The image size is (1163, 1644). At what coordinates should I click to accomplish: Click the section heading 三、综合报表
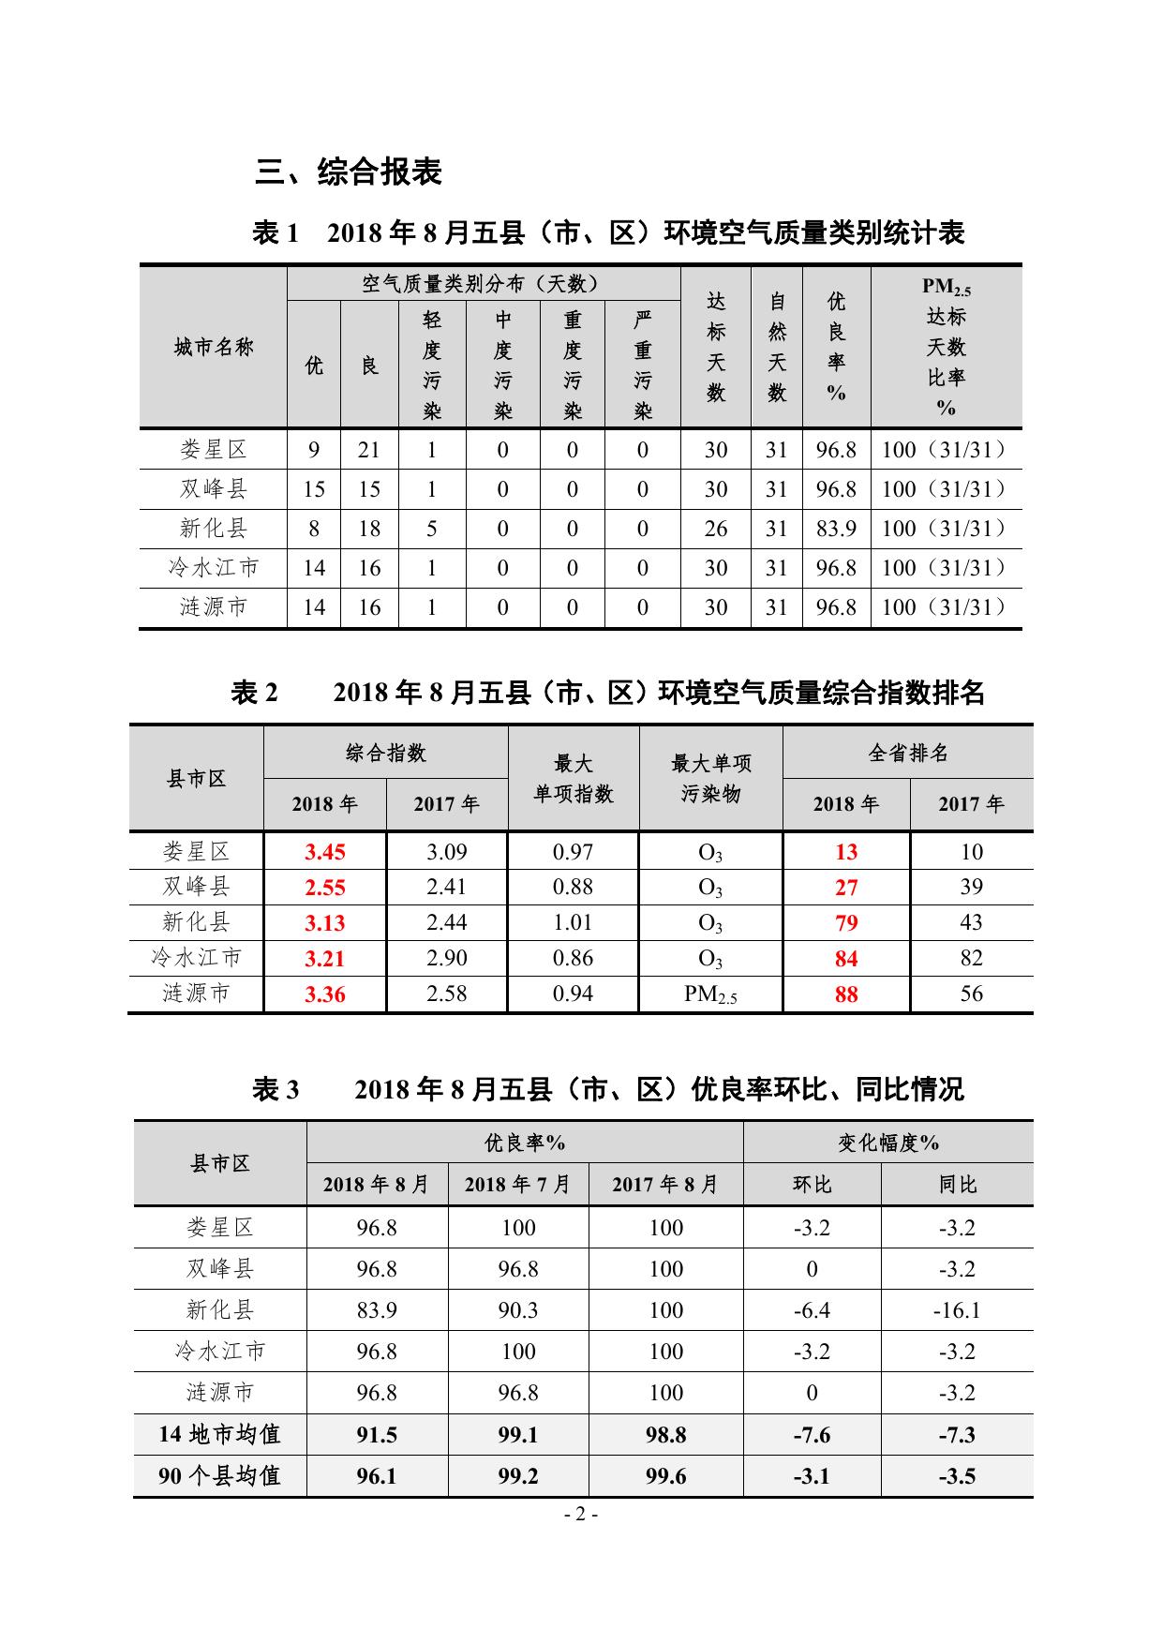point(349,172)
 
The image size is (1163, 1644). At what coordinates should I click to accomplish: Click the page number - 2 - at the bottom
point(581,1515)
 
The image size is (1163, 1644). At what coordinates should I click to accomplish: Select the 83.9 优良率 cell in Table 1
point(836,529)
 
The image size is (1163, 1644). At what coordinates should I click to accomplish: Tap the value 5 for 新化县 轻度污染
point(432,529)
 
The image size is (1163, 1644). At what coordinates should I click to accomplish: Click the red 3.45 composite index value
point(325,852)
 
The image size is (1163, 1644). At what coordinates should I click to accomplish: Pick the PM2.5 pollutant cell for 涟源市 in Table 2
point(710,994)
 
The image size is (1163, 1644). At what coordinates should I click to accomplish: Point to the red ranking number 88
point(846,994)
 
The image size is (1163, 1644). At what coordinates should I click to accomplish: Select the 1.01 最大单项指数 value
point(573,922)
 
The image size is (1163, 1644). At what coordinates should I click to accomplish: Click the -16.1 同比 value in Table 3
point(957,1310)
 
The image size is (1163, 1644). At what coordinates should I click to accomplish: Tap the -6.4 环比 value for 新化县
point(812,1310)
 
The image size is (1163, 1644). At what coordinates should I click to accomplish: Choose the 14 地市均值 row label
point(219,1434)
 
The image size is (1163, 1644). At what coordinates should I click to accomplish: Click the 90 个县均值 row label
point(219,1476)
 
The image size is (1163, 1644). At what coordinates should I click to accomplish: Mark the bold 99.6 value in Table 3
point(665,1476)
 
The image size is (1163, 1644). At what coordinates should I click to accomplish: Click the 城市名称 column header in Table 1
point(214,348)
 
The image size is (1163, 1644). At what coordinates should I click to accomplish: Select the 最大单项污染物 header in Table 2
point(710,778)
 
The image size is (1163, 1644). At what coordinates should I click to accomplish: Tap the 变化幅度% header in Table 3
point(887,1143)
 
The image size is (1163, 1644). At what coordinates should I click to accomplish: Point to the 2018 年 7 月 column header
point(517,1185)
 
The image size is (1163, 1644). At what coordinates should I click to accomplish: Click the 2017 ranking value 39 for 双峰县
point(971,887)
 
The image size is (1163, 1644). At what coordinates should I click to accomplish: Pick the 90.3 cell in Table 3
point(517,1310)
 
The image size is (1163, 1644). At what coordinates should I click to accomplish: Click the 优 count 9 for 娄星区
point(314,450)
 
